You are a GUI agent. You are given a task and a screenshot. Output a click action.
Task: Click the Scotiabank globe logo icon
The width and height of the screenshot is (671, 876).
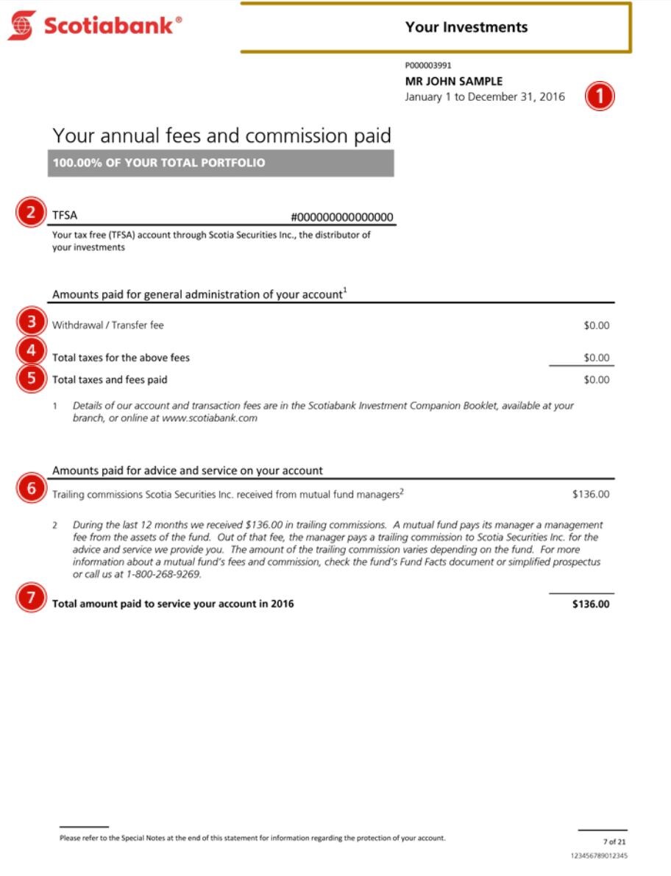click(22, 25)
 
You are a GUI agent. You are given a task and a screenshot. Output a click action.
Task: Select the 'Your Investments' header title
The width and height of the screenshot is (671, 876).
click(466, 27)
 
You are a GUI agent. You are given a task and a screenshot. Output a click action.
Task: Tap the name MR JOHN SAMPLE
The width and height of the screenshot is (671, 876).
click(454, 81)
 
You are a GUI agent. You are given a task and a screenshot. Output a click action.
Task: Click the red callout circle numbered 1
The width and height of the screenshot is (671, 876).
click(599, 96)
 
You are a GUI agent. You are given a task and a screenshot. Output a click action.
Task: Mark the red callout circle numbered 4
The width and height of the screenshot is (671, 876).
click(30, 351)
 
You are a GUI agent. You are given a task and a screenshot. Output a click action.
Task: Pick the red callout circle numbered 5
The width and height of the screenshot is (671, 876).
click(30, 379)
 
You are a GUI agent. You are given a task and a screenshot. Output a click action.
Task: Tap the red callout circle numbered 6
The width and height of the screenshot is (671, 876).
click(30, 488)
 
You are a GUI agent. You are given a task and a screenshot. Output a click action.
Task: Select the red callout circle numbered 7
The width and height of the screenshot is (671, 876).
click(30, 598)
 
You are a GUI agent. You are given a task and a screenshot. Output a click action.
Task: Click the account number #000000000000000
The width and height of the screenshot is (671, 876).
click(342, 216)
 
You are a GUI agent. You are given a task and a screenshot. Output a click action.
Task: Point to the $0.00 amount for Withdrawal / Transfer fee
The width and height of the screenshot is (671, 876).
click(596, 325)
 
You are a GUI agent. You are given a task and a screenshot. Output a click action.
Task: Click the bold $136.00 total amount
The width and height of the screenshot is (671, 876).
click(591, 604)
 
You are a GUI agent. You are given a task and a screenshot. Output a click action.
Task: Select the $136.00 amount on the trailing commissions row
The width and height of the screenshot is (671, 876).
click(591, 494)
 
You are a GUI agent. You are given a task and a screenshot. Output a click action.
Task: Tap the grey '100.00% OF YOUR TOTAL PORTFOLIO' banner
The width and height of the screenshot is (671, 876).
click(221, 163)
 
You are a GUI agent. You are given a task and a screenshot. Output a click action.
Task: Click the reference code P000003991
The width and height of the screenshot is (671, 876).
click(428, 66)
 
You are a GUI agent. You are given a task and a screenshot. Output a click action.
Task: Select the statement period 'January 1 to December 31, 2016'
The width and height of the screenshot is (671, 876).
click(485, 96)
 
